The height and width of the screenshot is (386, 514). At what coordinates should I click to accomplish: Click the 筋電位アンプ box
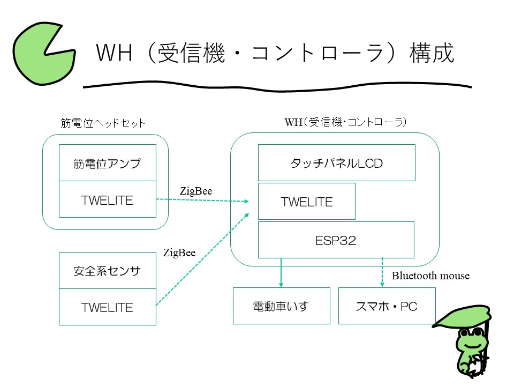[x=107, y=163]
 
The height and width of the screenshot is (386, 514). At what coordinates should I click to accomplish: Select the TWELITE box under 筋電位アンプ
[x=107, y=199]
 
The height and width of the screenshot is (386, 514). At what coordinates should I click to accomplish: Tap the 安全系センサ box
[x=107, y=271]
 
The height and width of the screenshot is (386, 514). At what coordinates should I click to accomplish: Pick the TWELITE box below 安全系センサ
[x=107, y=307]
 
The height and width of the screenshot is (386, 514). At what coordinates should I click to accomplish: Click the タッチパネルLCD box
[x=336, y=162]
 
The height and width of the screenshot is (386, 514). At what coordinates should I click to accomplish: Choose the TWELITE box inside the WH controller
[x=306, y=202]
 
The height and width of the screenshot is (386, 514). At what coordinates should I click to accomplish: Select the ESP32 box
[x=336, y=240]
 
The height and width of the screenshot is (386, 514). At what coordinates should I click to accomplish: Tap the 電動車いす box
[x=281, y=306]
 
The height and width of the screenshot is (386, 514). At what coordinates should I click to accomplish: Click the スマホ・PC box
[x=387, y=306]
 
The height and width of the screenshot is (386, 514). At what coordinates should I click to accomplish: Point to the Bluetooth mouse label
[x=430, y=276]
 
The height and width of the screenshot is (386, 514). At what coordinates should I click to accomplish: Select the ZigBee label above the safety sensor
[x=179, y=253]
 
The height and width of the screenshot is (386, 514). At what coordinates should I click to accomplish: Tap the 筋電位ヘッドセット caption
[x=103, y=123]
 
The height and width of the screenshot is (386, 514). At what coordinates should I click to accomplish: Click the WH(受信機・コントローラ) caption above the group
[x=345, y=122]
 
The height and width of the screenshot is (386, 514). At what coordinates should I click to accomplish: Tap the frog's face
[x=470, y=340]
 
